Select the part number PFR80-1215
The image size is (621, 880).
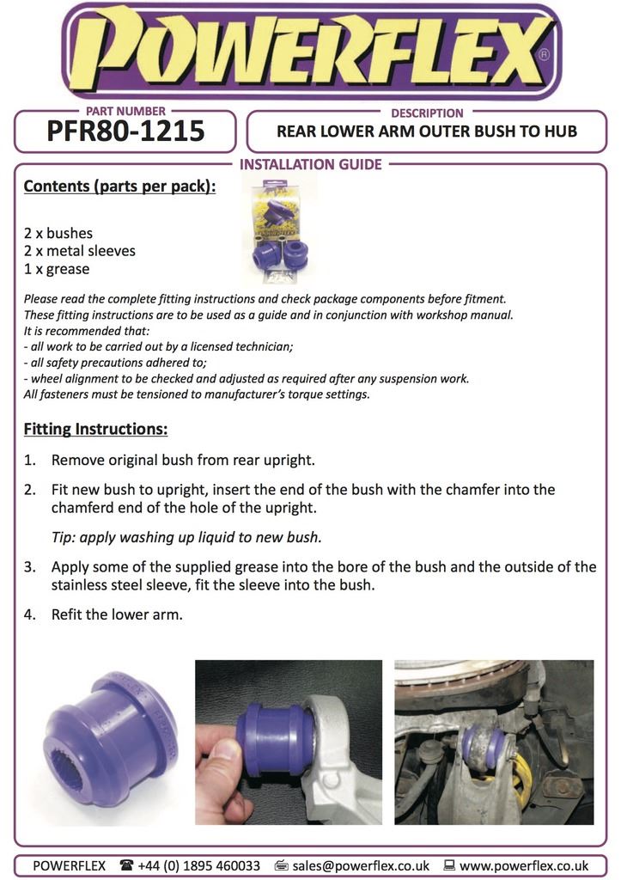(x=125, y=131)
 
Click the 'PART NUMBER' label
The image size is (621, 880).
(x=126, y=112)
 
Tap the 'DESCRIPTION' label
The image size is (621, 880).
(x=427, y=113)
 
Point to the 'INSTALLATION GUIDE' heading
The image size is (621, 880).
(x=310, y=164)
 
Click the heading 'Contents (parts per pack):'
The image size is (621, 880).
(x=119, y=186)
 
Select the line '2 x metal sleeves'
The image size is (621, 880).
(x=79, y=251)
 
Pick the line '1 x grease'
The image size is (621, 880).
(x=57, y=269)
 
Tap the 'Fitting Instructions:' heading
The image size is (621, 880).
(x=95, y=428)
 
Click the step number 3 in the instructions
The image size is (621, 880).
(x=29, y=567)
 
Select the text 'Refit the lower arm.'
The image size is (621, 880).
(x=117, y=614)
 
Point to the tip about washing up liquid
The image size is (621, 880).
(x=186, y=538)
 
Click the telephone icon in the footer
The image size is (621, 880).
(x=126, y=865)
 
